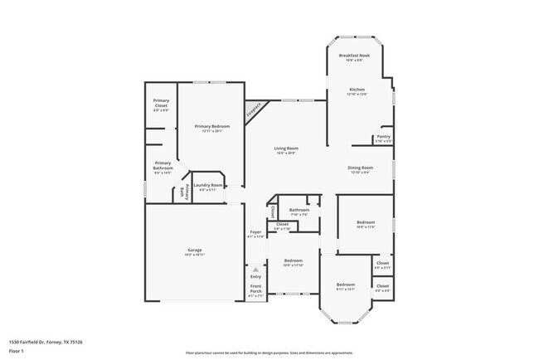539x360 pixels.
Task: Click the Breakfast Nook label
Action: pos(354,56)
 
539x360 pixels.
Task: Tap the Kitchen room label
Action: pos(357,90)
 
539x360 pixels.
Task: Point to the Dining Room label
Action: pos(360,168)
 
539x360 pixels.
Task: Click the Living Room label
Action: pos(286,148)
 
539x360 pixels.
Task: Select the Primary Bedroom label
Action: pos(211,126)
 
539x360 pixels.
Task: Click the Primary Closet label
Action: pos(161,104)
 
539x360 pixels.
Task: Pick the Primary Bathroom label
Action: pos(163,166)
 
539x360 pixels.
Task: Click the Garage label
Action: pos(194,250)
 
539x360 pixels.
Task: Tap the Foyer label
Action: pos(255,232)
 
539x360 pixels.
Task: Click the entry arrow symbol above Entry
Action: pos(255,270)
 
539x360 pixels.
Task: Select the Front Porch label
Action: pos(255,289)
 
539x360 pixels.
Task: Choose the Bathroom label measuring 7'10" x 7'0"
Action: pos(299,210)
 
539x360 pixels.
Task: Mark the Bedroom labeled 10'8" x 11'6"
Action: pos(366,222)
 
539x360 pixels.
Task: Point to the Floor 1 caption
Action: pos(17,350)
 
